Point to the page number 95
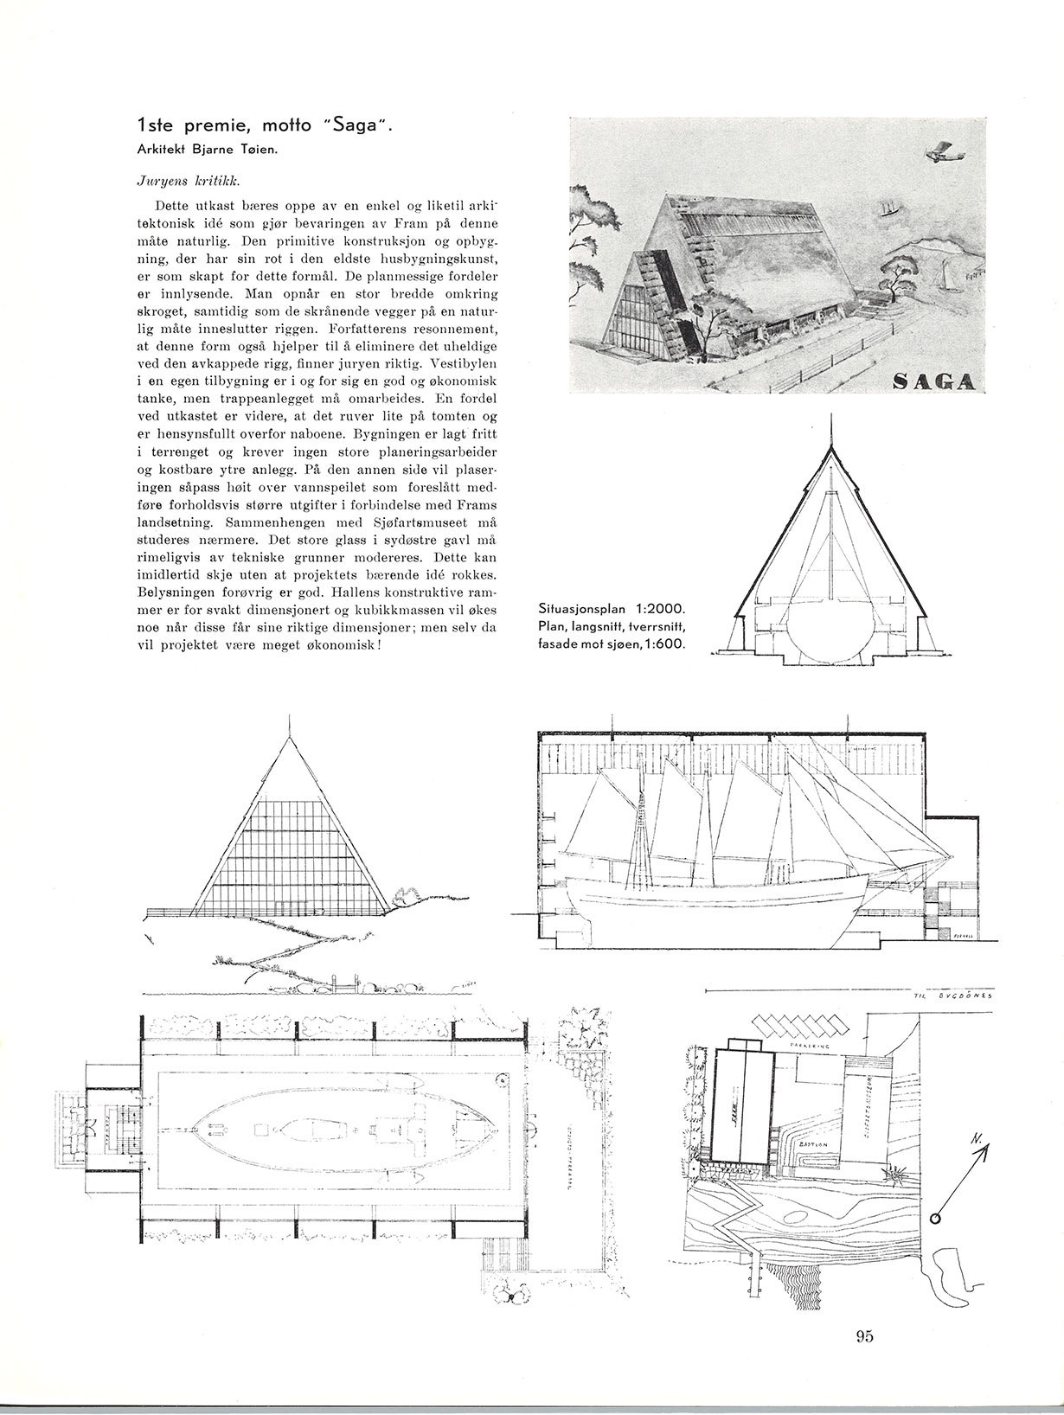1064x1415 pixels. (x=864, y=1336)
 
